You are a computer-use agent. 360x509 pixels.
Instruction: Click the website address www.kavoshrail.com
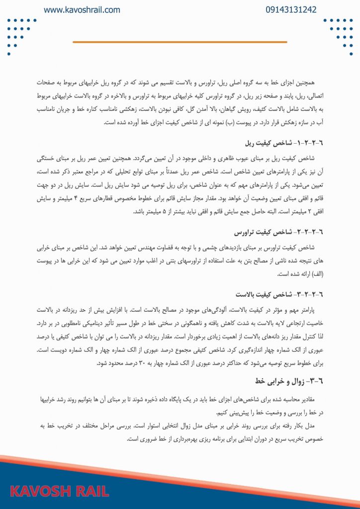pyautogui.click(x=82, y=9)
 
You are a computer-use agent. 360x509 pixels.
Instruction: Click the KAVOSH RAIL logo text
pyautogui.click(x=60, y=492)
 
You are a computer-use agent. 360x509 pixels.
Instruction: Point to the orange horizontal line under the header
pyautogui.click(x=180, y=42)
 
